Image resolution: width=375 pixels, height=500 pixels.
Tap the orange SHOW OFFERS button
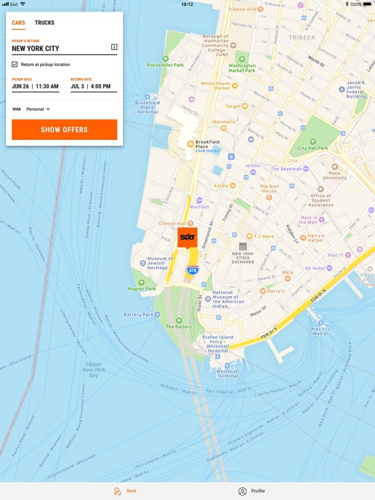tap(64, 130)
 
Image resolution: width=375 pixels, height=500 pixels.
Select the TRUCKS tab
tap(44, 23)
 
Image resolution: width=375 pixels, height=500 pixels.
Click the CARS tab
tap(18, 23)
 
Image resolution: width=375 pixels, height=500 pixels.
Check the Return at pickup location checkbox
tap(15, 64)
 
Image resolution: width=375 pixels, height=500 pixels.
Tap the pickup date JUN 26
tap(20, 87)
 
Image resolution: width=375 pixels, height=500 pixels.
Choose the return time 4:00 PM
tap(101, 87)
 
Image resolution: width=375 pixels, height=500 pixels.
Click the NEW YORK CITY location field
tap(59, 48)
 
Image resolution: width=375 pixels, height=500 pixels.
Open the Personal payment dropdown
tap(38, 109)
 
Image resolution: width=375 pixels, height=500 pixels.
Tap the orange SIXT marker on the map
tap(187, 237)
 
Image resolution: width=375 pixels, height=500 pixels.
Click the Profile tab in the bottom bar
tap(251, 491)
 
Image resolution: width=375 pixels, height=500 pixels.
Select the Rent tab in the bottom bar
tap(125, 491)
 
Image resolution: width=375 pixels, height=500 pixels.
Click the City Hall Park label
tap(313, 148)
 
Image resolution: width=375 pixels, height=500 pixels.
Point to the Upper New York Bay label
tap(94, 370)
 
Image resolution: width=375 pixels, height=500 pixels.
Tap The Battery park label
tap(178, 326)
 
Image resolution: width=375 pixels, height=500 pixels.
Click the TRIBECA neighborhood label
tap(301, 38)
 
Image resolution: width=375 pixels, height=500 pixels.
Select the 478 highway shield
tap(192, 270)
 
